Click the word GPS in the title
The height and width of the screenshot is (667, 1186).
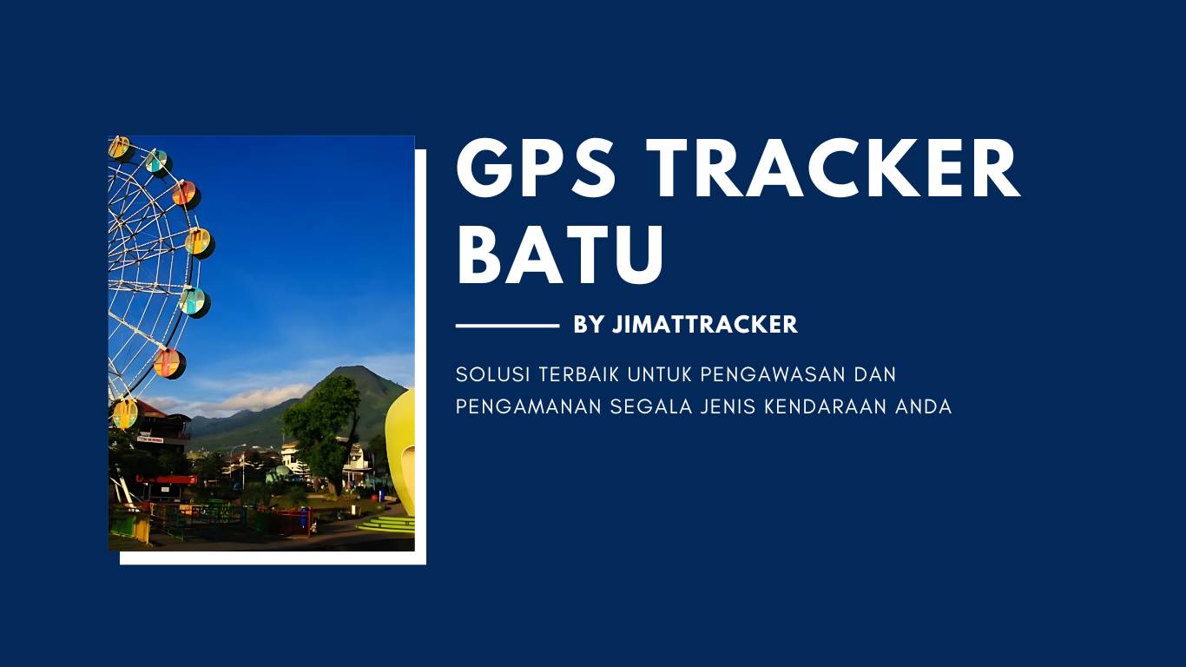click(x=536, y=168)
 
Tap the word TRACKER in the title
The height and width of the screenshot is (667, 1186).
click(x=833, y=168)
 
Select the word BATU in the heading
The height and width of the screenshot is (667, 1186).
click(x=560, y=254)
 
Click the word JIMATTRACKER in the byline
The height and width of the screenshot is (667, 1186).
click(x=705, y=324)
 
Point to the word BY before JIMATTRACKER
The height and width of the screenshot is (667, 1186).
click(x=589, y=324)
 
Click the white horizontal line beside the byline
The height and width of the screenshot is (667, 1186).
click(x=507, y=326)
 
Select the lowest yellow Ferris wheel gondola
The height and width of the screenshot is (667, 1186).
click(x=126, y=413)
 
